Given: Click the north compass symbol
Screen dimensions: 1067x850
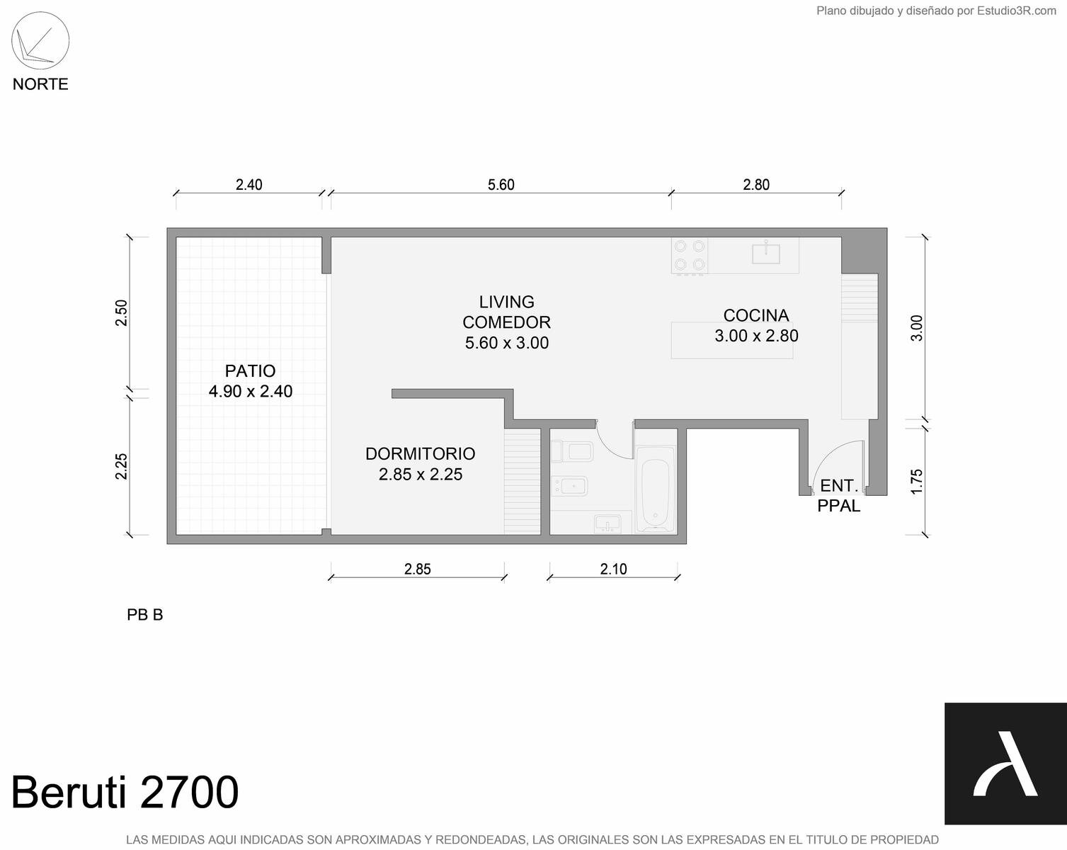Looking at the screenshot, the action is click(40, 40).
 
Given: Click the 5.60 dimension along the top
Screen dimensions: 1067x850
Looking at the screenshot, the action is click(501, 185).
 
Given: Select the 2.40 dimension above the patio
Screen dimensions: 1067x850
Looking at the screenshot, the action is click(249, 185).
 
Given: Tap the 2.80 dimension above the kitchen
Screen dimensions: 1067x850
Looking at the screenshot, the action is click(756, 185).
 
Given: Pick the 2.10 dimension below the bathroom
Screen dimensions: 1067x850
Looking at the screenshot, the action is click(613, 569).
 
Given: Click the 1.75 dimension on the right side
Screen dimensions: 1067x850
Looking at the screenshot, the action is click(917, 481).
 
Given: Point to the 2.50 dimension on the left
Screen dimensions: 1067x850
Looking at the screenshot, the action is click(122, 312).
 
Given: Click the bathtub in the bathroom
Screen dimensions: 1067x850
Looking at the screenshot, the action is click(656, 489).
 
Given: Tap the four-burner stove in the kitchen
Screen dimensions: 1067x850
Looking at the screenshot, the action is click(690, 256).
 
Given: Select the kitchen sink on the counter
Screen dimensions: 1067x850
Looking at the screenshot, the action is click(765, 254).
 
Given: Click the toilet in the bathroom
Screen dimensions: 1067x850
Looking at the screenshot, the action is click(572, 451).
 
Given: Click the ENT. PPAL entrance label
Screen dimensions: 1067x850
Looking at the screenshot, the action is click(839, 495).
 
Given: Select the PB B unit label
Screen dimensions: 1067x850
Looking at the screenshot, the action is click(144, 615).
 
